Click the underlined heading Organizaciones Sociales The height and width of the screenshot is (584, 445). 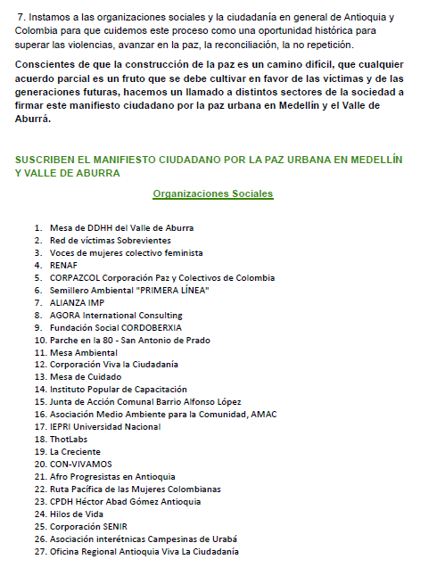(x=212, y=193)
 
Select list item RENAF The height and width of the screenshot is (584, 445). (x=64, y=265)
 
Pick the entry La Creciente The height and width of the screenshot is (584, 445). (x=74, y=452)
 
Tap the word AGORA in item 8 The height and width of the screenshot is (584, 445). (x=65, y=315)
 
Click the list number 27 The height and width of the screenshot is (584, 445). (x=40, y=552)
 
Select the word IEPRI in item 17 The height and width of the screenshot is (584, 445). (x=62, y=427)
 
